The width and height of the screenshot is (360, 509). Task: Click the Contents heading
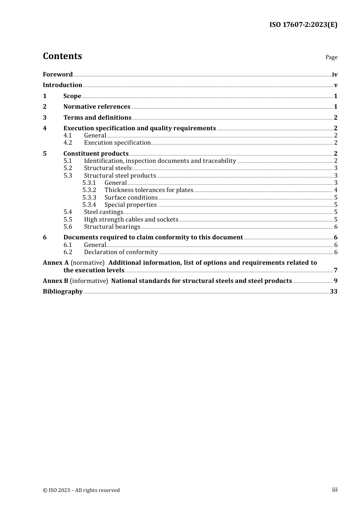tap(62, 56)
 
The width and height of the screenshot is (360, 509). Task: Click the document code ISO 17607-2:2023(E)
tap(303, 25)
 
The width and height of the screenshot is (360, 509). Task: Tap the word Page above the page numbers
tap(331, 57)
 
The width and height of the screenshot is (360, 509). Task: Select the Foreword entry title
tap(58, 75)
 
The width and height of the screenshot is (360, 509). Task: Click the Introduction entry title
tap(63, 85)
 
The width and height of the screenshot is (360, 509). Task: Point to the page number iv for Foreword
tap(335, 75)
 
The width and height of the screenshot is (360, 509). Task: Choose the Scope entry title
tap(72, 96)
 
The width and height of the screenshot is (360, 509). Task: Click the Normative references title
tap(97, 107)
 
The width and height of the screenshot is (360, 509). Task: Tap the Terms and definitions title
tap(97, 118)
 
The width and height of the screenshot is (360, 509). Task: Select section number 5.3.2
tap(89, 190)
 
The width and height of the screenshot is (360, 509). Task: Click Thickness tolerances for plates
tap(149, 190)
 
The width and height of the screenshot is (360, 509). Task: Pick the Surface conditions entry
tap(131, 198)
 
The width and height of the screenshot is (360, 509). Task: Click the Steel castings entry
tap(103, 212)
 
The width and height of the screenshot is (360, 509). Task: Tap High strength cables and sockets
tap(131, 220)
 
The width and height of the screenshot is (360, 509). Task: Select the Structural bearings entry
tap(112, 227)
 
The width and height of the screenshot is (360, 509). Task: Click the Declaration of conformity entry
tap(121, 252)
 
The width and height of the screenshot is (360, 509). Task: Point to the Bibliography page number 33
tap(333, 292)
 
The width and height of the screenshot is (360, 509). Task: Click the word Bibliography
tap(63, 292)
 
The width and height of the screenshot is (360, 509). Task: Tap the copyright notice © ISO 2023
tap(81, 490)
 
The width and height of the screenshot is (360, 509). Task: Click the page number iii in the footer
tap(335, 490)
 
